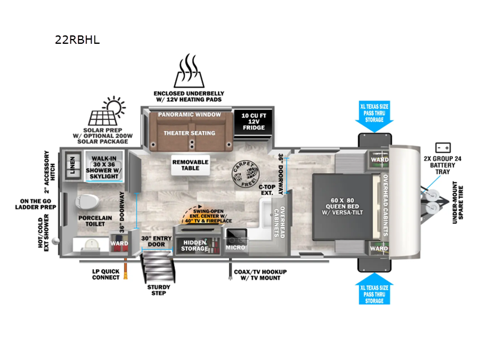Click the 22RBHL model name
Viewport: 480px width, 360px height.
tap(76, 41)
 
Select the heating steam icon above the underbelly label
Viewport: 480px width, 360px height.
tap(188, 71)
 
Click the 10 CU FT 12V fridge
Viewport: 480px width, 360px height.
tap(254, 121)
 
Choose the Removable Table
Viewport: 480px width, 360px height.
tap(190, 165)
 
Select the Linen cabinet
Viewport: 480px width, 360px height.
tap(73, 165)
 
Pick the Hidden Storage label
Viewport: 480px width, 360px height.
tap(195, 245)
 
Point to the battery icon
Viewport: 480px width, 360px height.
tap(444, 147)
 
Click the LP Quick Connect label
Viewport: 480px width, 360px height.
tap(106, 274)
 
